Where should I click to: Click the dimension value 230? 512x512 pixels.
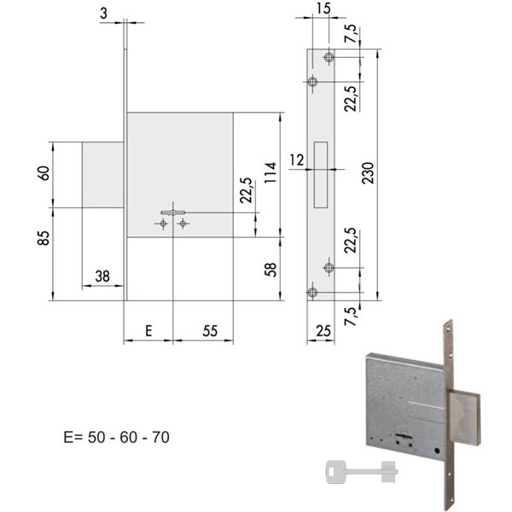pos(368,172)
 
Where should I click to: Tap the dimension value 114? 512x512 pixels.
pos(271,172)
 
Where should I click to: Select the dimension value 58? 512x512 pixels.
pos(271,270)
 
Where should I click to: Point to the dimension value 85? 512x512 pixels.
pos(44,238)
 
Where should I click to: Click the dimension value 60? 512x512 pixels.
pos(44,173)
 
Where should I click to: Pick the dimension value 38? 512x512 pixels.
pos(102,276)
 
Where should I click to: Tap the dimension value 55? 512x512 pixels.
pos(210,331)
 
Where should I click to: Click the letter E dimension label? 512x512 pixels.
pos(148,331)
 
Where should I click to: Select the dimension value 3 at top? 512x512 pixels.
pos(103,14)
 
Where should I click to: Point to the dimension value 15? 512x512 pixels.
pos(323,9)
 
